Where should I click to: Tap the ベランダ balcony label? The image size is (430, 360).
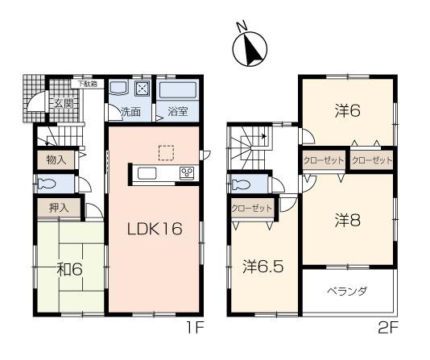pos(347,292)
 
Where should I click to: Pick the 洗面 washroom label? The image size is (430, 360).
pos(130,112)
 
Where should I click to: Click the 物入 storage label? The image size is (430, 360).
pos(56,159)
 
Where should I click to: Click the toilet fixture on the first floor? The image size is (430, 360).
pos(51,184)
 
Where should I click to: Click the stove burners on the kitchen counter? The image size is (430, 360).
pos(187,172)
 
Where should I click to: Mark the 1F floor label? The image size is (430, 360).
pos(192,327)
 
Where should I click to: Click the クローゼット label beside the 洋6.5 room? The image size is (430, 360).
pos(251,208)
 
